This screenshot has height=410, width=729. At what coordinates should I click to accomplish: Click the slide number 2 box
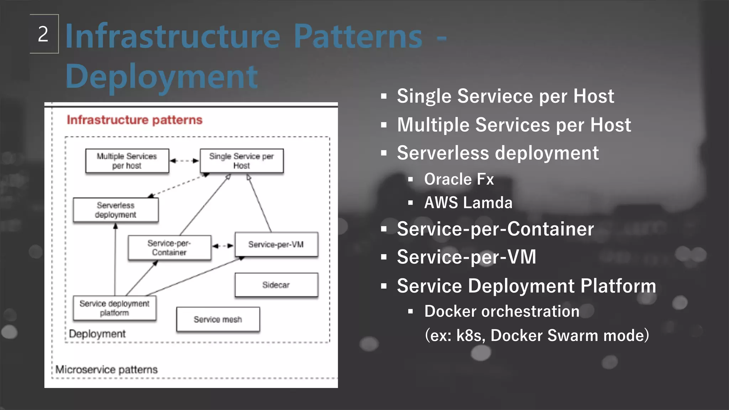(x=44, y=34)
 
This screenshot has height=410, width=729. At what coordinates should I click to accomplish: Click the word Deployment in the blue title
(x=161, y=77)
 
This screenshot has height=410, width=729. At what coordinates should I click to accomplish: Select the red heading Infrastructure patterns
(x=134, y=120)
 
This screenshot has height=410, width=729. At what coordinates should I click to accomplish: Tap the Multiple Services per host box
(x=127, y=161)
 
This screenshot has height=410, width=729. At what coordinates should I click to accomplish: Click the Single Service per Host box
(x=241, y=161)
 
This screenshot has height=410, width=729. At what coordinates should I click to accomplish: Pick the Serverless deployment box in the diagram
(x=116, y=210)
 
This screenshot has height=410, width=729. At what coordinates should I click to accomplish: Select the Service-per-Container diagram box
(x=169, y=248)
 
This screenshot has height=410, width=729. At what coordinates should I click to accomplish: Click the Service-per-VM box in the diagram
(x=276, y=245)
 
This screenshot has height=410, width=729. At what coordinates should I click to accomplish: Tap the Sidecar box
(x=276, y=285)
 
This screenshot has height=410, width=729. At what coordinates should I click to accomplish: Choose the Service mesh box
(x=218, y=319)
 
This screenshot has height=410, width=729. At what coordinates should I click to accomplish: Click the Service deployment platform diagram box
(x=114, y=308)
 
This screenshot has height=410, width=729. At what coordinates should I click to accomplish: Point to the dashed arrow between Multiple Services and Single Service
(x=184, y=161)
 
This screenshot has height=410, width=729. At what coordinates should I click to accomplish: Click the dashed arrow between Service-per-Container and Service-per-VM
(x=223, y=246)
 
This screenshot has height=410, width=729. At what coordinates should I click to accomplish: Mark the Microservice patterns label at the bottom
(x=106, y=369)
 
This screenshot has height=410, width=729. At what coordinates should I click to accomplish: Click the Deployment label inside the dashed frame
(x=97, y=334)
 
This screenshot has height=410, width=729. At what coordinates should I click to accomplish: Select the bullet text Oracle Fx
(x=459, y=179)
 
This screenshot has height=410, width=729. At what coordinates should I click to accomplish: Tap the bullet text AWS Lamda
(x=468, y=203)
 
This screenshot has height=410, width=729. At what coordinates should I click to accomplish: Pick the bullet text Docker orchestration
(x=502, y=311)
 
